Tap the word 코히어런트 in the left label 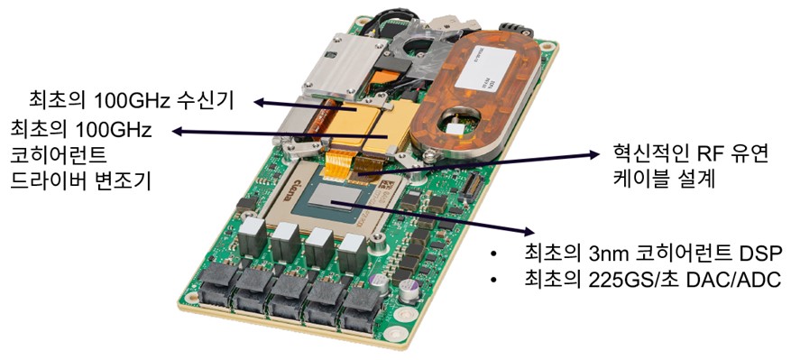click(58, 155)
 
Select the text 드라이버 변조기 click(80, 180)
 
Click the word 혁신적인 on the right click(648, 153)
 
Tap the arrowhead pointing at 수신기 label click(259, 103)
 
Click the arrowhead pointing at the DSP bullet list click(528, 231)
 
